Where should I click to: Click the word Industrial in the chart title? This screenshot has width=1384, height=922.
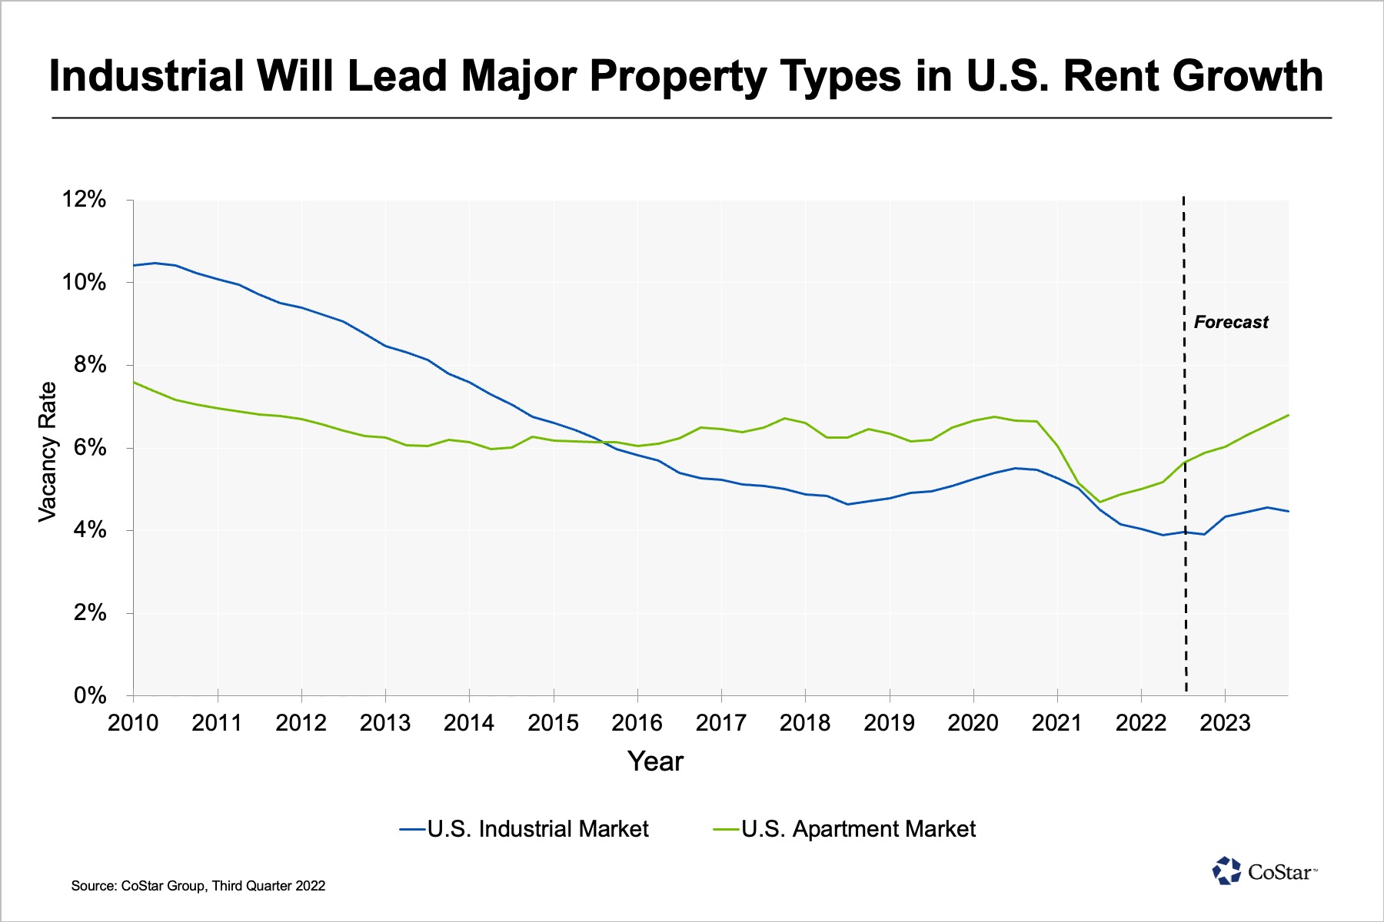(147, 77)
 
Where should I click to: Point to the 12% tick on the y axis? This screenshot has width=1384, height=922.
(84, 200)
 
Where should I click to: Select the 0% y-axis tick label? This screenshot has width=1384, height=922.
(90, 695)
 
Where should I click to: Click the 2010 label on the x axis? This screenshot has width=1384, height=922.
(133, 723)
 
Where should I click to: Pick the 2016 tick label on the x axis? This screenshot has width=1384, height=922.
(637, 723)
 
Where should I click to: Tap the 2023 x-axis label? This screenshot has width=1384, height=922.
(1225, 723)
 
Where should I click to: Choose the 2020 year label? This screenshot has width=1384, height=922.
(973, 723)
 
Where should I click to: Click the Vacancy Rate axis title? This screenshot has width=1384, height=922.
(48, 452)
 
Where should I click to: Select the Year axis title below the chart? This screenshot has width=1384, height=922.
(655, 761)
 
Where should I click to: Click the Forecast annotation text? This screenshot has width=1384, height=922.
(1230, 323)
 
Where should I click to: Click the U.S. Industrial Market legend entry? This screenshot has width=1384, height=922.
(537, 829)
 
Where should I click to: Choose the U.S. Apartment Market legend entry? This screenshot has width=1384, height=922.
(858, 829)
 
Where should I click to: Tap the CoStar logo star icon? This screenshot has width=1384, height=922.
(1226, 871)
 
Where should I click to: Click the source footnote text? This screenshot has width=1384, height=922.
(198, 886)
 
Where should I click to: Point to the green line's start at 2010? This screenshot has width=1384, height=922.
(135, 382)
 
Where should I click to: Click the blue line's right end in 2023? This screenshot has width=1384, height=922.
(1287, 511)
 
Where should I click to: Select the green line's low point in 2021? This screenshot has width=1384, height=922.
(1100, 502)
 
